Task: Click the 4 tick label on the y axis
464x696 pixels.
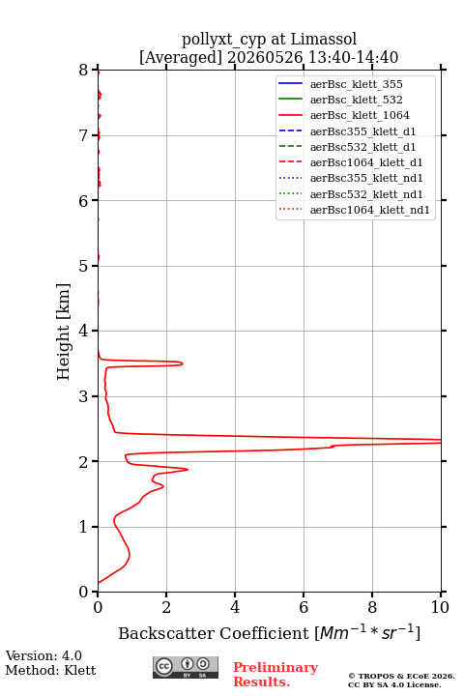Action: pyautogui.click(x=83, y=331)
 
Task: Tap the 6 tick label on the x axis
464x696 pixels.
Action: pyautogui.click(x=304, y=607)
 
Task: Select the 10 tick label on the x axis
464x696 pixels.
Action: pyautogui.click(x=440, y=607)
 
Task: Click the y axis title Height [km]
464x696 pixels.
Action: pyautogui.click(x=63, y=332)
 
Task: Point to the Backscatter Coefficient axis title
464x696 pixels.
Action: pyautogui.click(x=269, y=632)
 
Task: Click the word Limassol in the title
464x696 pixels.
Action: pyautogui.click(x=323, y=39)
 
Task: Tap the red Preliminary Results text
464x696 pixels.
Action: pyautogui.click(x=275, y=675)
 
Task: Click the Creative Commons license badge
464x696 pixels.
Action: pyautogui.click(x=186, y=667)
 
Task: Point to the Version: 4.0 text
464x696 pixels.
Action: pyautogui.click(x=43, y=655)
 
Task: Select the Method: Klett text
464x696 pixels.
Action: pyautogui.click(x=50, y=670)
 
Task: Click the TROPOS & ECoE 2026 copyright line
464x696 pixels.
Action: pyautogui.click(x=401, y=676)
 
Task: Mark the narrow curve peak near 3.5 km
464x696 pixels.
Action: pyautogui.click(x=182, y=363)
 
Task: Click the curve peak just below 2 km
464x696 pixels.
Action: pyautogui.click(x=187, y=469)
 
